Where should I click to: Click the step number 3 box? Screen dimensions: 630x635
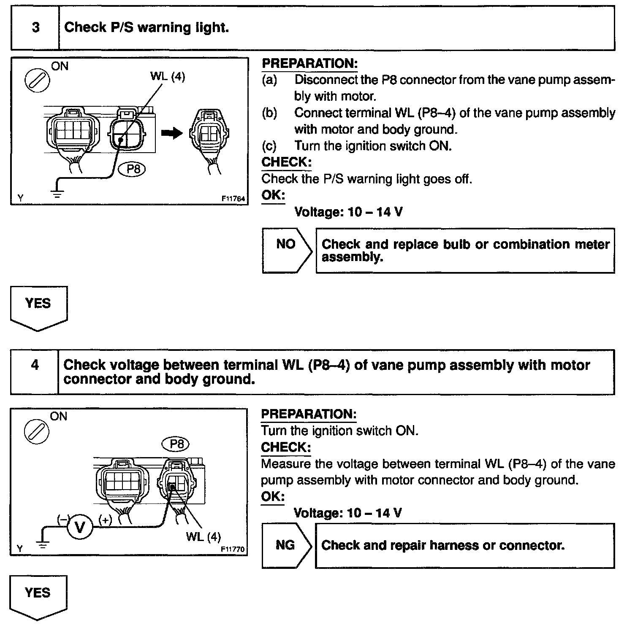point(35,28)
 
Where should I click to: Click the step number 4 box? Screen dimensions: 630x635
point(35,372)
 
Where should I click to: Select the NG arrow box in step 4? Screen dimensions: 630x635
point(286,545)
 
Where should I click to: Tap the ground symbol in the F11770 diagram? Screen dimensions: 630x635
point(42,544)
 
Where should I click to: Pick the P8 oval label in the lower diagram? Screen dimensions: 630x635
point(176,444)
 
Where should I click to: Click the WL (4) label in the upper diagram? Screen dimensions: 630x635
point(168,77)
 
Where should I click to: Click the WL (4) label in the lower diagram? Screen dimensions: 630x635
point(203,537)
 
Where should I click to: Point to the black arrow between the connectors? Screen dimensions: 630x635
point(172,133)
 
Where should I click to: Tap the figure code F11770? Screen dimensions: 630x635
point(233,549)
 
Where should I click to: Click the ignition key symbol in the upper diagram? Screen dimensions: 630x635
point(37,80)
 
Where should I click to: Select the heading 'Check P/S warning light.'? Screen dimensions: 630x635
point(147,28)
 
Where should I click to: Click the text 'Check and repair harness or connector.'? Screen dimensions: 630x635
point(443,545)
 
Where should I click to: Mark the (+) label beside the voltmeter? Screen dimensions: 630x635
point(105,520)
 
